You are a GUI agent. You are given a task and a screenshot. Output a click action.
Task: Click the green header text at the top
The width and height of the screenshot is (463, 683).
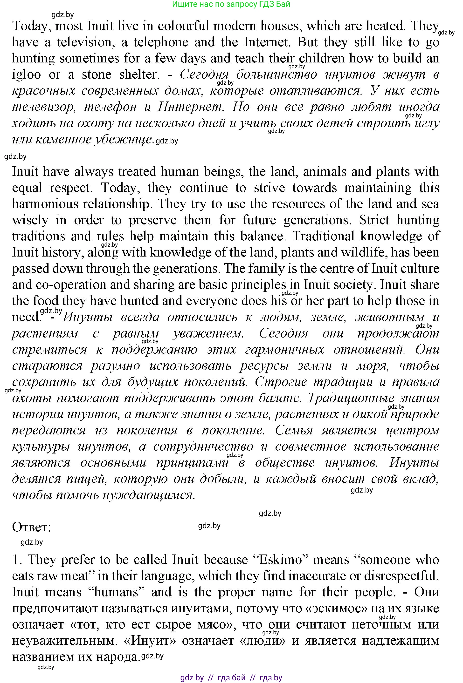pyautogui.click(x=231, y=4)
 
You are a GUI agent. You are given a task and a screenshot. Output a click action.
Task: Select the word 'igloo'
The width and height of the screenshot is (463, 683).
pyautogui.click(x=26, y=75)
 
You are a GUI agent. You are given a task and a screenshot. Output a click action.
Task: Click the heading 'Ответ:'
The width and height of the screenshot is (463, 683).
pyautogui.click(x=31, y=527)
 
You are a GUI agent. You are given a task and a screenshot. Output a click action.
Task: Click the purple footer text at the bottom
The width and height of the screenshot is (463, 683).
pyautogui.click(x=231, y=677)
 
